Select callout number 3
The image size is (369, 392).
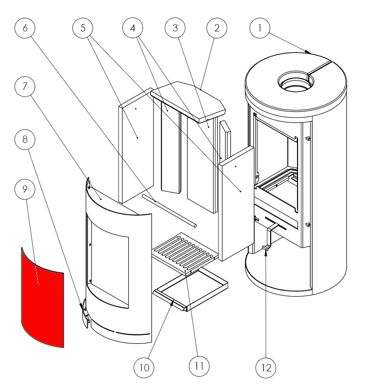175,29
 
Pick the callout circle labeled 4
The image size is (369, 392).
132,29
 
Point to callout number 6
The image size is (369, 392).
25,29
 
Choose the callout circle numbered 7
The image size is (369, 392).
25,88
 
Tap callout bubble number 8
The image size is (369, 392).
25,139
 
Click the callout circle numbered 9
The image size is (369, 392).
25,188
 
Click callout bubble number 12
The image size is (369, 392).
265,368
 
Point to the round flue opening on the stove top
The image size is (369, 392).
293,81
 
